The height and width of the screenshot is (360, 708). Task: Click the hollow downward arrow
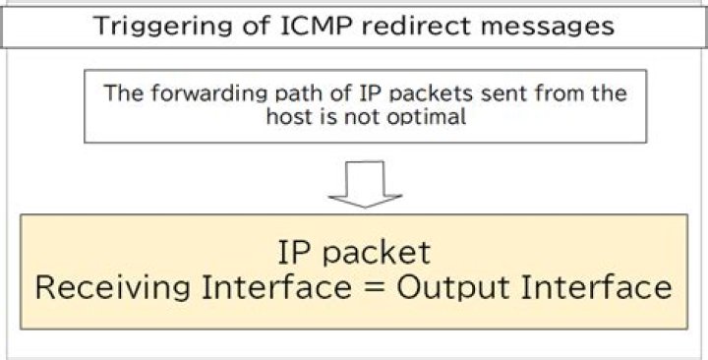click(x=365, y=182)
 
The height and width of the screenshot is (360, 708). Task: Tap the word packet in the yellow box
click(x=381, y=253)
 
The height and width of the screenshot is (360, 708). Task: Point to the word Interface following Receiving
click(x=294, y=288)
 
